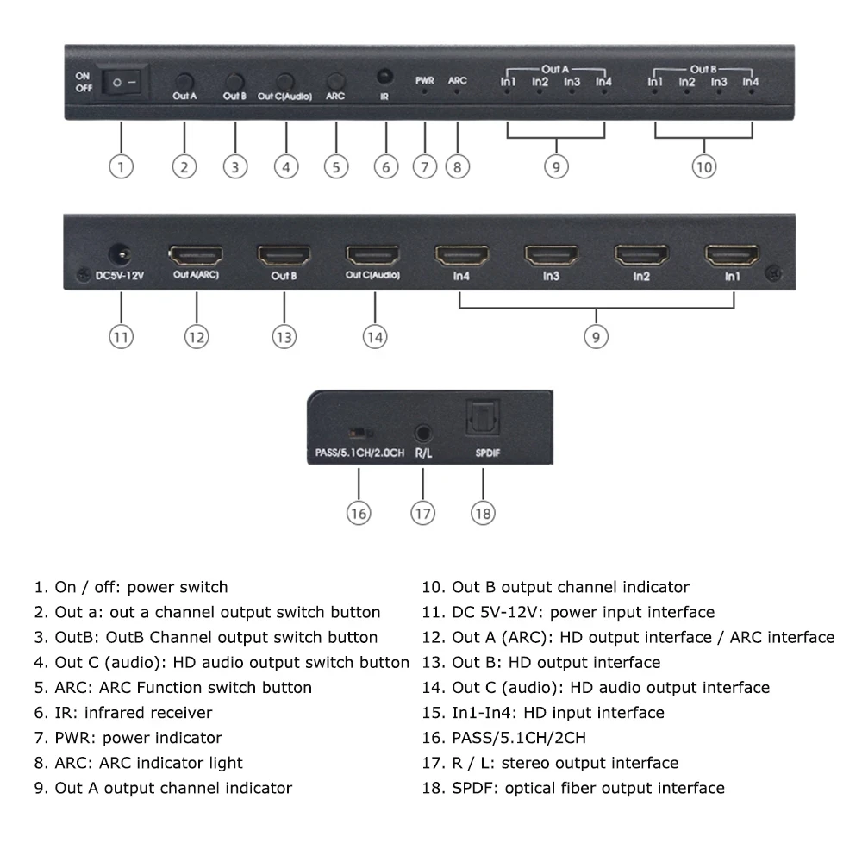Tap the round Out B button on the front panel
point(234,82)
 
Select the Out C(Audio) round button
point(284,82)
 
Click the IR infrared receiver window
point(384,76)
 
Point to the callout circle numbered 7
point(425,166)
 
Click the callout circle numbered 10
point(704,166)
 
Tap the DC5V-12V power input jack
point(120,254)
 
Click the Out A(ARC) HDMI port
point(196,256)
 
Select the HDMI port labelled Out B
point(284,256)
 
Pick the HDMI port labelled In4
point(462,256)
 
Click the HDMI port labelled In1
point(732,256)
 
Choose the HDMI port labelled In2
point(641,256)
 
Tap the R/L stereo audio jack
point(422,434)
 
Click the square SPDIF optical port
point(483,418)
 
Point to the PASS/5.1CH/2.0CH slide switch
point(361,434)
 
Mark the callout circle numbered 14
point(375,337)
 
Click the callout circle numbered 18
point(484,514)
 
